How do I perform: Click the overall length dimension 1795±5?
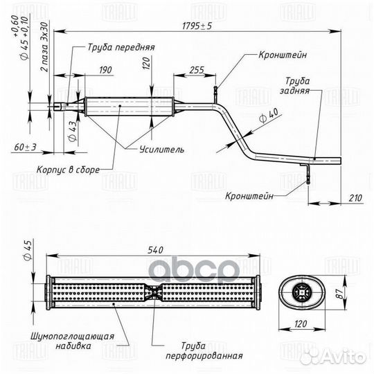(197, 26)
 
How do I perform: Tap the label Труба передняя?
(121, 47)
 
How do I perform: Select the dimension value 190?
(105, 70)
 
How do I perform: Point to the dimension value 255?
(197, 70)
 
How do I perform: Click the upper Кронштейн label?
(283, 55)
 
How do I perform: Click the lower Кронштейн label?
(249, 196)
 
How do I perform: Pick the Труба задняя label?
(296, 86)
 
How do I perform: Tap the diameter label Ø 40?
(269, 115)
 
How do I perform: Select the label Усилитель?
(161, 150)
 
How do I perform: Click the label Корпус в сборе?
(68, 170)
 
